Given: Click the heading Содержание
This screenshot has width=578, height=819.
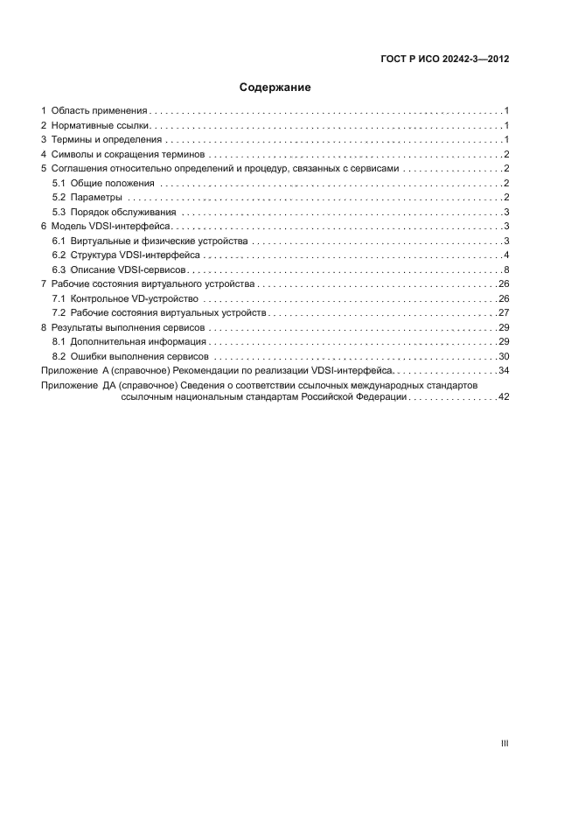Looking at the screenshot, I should (275, 87).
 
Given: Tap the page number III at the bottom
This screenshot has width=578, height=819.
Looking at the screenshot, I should (505, 744).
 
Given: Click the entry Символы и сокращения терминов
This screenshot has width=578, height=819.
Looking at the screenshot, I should (128, 155).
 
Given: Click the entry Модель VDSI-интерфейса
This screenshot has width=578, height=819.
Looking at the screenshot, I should (116, 227).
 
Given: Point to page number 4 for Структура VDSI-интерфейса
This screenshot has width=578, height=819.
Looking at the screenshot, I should (506, 255).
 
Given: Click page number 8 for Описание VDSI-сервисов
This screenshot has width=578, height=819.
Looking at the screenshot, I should (506, 269).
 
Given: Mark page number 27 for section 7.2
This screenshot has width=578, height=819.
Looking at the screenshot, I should (504, 313).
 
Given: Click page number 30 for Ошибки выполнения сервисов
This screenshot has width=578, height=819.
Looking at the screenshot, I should (504, 356).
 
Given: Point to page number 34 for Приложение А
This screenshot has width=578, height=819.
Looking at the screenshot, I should (504, 371).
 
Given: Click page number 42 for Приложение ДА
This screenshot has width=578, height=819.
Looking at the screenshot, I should (504, 397).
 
